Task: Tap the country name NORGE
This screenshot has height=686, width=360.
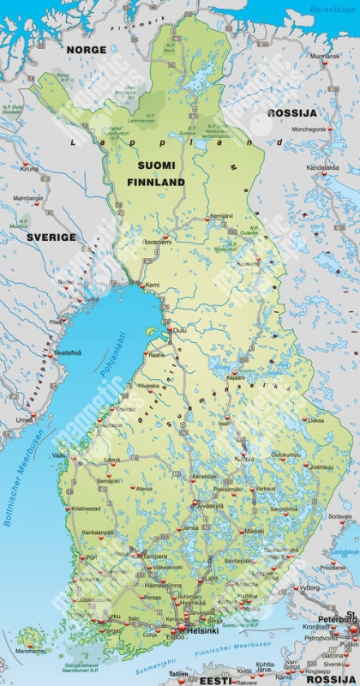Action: tap(86, 51)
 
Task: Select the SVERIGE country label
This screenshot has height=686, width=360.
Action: tap(51, 237)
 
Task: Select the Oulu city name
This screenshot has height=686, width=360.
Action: tap(180, 330)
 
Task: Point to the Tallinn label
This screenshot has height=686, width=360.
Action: tap(178, 674)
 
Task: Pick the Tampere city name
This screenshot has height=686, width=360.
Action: tap(154, 556)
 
